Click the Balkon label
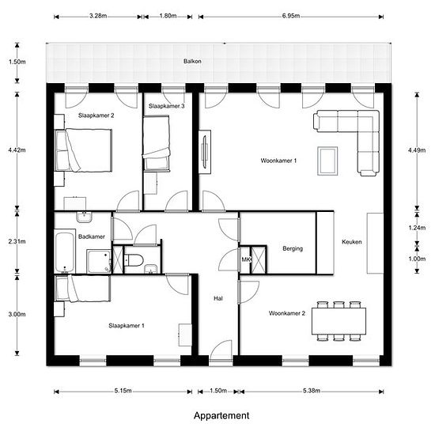pos(192,62)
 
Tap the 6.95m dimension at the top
pos(291,16)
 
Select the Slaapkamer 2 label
pos(96,115)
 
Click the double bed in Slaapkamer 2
pos(84,150)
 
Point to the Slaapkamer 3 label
pos(166,106)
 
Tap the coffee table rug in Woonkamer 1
pos(327,161)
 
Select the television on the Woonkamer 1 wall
pos(206,152)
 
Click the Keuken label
pos(351,242)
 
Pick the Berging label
pos(293,248)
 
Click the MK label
pos(246,259)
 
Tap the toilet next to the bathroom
pos(134,260)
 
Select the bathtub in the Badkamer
pos(65,252)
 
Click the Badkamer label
pos(92,236)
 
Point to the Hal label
pos(218,298)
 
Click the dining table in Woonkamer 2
pos(339,321)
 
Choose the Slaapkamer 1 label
pos(127,326)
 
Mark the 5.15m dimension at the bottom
pos(123,391)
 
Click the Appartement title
pos(221,415)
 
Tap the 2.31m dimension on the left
pos(17,241)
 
